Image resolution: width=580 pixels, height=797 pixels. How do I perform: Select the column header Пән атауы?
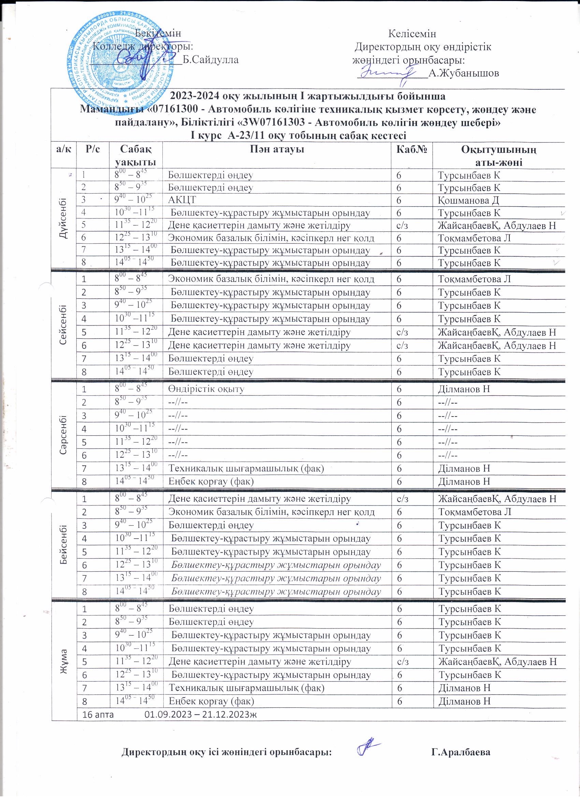[x=277, y=149]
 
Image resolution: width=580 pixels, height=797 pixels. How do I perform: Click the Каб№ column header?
[x=412, y=149]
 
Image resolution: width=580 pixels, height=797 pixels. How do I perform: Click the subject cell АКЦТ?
[x=182, y=200]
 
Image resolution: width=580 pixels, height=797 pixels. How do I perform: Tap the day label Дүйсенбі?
[x=64, y=218]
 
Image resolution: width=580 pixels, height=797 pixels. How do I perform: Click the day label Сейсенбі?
[x=64, y=326]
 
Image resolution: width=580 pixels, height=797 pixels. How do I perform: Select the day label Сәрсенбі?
[x=64, y=435]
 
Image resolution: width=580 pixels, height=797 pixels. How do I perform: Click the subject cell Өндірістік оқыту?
[x=206, y=389]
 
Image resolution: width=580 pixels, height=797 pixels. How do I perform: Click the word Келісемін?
[x=412, y=34]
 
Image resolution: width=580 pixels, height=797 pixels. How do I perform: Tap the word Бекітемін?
[x=159, y=33]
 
